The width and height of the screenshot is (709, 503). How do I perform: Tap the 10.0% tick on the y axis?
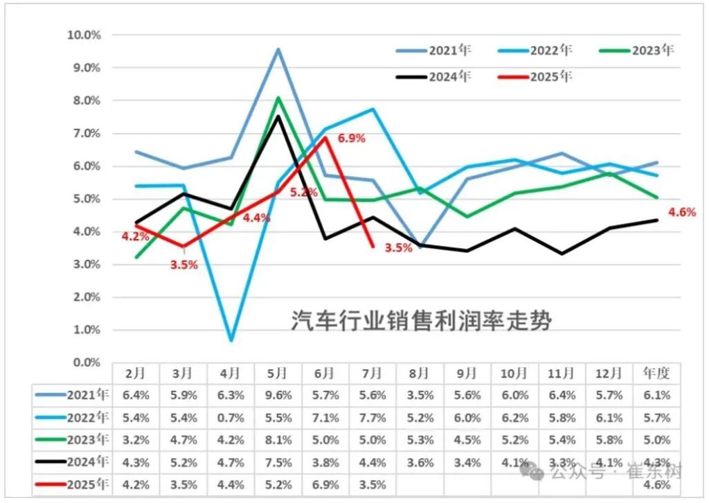[83, 35]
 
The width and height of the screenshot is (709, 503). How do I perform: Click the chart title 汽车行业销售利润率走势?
[421, 321]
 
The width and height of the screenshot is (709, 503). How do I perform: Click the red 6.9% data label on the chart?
[351, 138]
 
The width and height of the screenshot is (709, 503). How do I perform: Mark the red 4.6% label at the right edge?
[681, 213]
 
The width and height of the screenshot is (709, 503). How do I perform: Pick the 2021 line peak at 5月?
[278, 49]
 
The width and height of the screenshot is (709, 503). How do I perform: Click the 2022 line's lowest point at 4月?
[231, 340]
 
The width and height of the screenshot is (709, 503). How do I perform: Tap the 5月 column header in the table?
[278, 373]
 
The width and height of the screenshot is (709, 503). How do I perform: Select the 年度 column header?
[656, 373]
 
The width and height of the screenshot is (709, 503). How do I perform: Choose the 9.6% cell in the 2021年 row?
[278, 396]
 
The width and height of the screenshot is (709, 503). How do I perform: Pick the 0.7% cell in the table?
[231, 418]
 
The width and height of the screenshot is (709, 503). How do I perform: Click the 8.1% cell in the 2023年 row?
[278, 440]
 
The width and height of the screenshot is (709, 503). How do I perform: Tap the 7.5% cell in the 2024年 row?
[278, 462]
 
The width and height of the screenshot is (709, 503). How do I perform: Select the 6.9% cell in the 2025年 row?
[325, 484]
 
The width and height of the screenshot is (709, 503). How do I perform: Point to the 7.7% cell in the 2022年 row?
[373, 418]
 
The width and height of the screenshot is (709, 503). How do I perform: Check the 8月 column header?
[420, 373]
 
